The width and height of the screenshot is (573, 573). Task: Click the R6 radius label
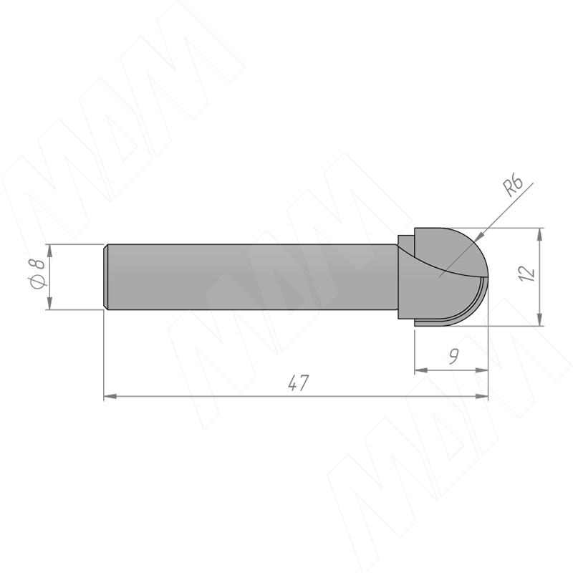[x=513, y=186]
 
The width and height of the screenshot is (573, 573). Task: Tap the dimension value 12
[x=526, y=273]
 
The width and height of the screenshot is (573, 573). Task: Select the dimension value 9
[x=453, y=356]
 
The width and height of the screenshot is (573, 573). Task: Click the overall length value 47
[x=299, y=382]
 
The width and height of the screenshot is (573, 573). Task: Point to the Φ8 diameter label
[x=37, y=274]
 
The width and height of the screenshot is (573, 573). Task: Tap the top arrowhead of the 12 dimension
[x=539, y=234]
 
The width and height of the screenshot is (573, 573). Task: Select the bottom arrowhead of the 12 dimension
[x=539, y=319]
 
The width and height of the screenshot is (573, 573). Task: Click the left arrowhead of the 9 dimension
[x=420, y=370]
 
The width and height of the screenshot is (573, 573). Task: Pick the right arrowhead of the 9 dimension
[x=481, y=370]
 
